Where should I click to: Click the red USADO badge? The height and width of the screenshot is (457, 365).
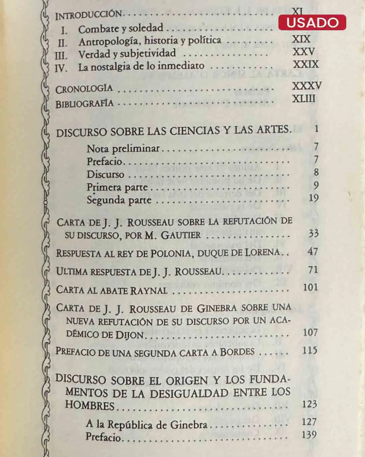312,22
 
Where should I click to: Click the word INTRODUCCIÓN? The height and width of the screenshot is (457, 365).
88,15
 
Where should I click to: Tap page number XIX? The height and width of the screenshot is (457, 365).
301,39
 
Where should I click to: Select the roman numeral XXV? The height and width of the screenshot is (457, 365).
303,52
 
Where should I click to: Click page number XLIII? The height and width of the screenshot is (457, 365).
304,99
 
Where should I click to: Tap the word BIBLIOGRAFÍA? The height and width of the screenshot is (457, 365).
84,103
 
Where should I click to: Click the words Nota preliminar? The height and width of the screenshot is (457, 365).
123,149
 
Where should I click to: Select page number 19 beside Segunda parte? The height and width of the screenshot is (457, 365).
313,198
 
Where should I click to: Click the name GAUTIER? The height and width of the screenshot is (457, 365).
180,235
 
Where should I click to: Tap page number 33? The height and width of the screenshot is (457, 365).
313,233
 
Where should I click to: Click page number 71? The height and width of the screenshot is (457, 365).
313,270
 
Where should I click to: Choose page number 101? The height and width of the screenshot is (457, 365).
310,287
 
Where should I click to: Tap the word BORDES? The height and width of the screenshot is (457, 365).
237,352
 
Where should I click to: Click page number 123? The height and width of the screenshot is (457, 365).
309,404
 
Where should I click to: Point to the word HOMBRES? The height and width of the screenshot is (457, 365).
90,405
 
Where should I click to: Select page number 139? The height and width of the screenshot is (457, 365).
309,435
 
